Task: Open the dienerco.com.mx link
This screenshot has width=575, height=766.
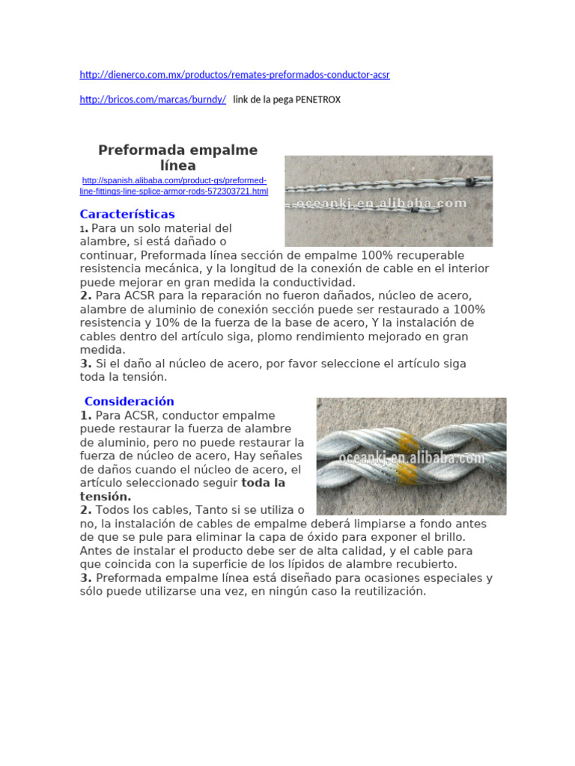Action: click(234, 75)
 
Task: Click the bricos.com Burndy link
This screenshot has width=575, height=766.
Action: click(153, 99)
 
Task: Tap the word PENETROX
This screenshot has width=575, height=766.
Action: click(319, 99)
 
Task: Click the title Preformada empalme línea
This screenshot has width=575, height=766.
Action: click(177, 158)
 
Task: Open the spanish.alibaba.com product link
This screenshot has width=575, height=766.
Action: click(174, 186)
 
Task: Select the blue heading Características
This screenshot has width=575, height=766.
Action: click(127, 215)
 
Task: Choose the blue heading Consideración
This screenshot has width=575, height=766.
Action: click(129, 401)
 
